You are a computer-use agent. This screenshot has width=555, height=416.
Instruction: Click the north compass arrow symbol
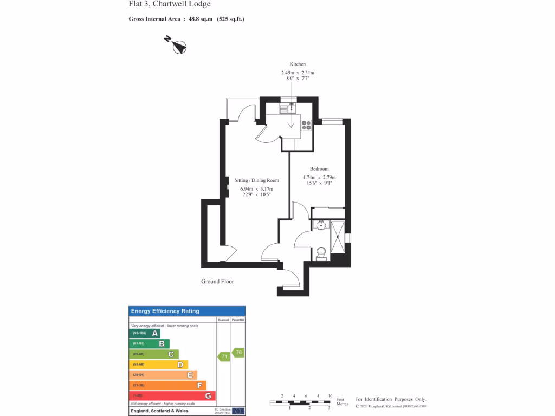coord(177,45)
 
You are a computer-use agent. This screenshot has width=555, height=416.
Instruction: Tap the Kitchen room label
coord(298,64)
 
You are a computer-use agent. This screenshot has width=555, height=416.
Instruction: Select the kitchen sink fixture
coord(286,108)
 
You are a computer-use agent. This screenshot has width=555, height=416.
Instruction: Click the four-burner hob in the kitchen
coord(306,125)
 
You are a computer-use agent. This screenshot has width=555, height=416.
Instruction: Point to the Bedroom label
coord(319,169)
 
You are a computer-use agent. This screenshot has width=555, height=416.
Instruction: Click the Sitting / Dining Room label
coord(256,180)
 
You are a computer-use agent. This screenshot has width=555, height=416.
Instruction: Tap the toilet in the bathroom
coord(321,253)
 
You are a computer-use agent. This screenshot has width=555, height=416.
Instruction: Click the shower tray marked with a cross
coord(338,237)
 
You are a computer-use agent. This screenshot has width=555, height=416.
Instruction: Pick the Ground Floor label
coord(218,282)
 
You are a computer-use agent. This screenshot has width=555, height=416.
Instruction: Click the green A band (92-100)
coord(145,334)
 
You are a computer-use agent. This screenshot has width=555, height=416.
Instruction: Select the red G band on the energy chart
coord(172,395)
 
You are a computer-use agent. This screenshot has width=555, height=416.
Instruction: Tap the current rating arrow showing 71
coord(223,356)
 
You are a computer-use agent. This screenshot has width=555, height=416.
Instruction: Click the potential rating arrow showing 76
coord(238,353)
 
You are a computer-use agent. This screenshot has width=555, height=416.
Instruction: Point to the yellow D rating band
coord(158,365)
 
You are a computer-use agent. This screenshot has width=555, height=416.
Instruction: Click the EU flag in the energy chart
coord(238,411)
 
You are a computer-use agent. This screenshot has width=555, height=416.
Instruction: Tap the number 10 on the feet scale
coord(330,396)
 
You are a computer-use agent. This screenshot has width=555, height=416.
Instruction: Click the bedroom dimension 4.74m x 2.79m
coord(319,178)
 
